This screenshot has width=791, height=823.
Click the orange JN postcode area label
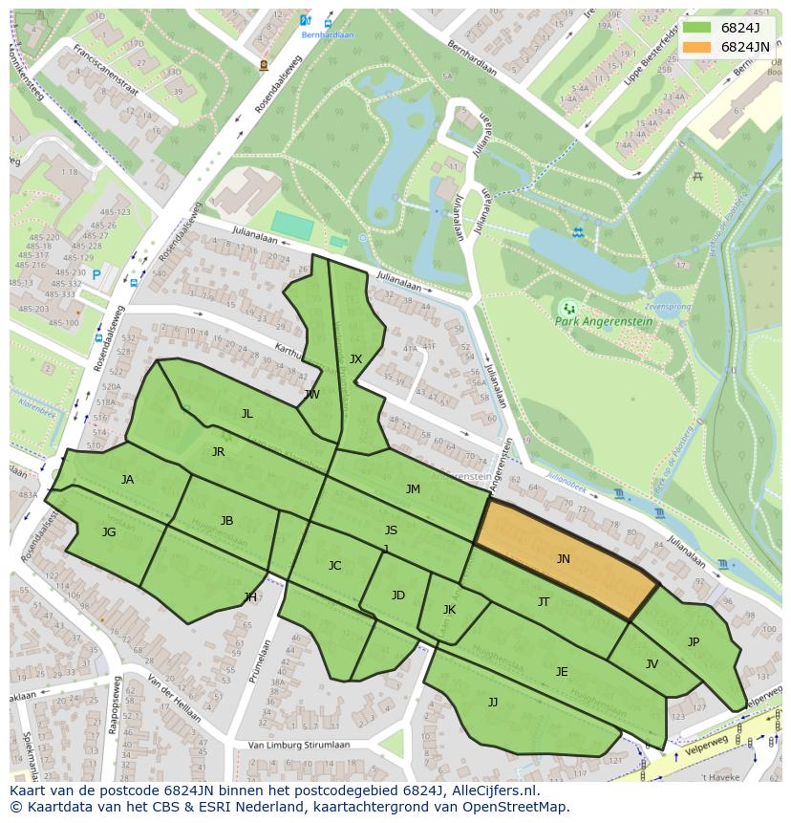click(563, 559)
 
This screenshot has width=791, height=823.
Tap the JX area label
click(355, 359)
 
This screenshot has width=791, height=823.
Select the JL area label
click(246, 414)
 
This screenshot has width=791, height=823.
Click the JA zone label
click(127, 480)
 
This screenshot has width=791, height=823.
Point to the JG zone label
click(109, 532)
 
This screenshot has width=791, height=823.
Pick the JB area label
click(226, 521)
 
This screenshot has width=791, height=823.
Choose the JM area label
click(413, 489)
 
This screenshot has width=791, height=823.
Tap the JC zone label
click(334, 566)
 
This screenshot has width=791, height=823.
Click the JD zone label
click(398, 596)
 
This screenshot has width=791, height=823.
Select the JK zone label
click(449, 610)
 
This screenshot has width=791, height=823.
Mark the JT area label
click(544, 602)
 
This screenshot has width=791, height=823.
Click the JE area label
click(562, 672)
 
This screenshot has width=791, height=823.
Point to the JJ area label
click(493, 703)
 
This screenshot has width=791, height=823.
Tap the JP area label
click(694, 642)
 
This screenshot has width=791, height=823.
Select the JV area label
click(652, 664)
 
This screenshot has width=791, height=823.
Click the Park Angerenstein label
click(604, 322)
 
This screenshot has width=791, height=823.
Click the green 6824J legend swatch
click(697, 27)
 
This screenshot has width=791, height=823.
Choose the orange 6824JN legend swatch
click(697, 47)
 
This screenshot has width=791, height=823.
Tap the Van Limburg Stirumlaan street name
click(298, 745)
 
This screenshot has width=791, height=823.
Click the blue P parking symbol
click(96, 275)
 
